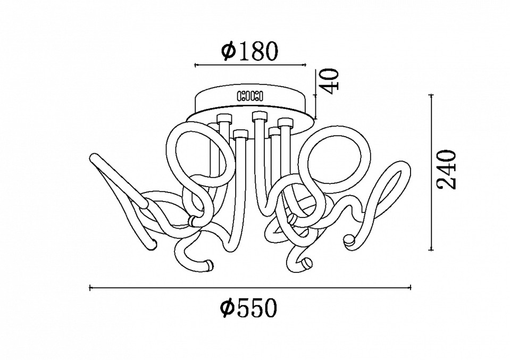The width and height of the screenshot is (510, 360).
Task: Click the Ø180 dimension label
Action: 249,52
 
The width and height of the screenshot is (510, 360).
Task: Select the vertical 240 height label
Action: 447,169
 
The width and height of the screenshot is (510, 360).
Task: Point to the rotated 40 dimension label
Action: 329,81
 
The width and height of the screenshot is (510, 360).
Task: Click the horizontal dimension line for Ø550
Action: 250,288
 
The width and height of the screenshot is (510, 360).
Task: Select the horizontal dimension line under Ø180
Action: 250,65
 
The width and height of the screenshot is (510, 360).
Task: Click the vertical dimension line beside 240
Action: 432,172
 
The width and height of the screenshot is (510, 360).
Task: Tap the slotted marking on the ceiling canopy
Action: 250,96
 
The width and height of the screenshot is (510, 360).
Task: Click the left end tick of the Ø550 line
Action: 90,288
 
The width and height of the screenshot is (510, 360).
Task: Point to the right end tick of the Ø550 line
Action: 411,288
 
